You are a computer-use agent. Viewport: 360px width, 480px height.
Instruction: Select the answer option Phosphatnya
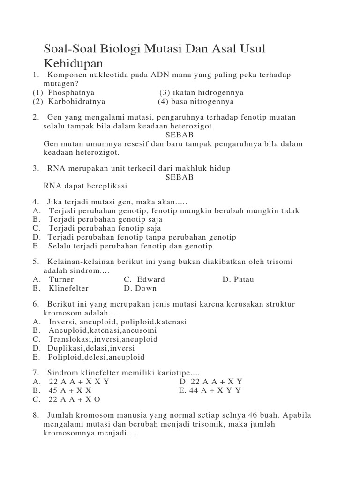tap(71, 93)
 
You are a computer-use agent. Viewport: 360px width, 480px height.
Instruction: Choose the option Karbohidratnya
tap(76, 102)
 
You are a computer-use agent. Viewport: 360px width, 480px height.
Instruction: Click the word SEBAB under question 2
tap(180, 135)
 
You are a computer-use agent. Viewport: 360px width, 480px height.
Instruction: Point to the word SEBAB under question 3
tap(180, 177)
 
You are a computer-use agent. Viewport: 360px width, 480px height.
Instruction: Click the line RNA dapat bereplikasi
tap(85, 186)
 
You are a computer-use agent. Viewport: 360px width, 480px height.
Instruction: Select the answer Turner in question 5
tap(62, 279)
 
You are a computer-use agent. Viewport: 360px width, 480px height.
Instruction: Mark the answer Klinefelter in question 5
tap(68, 288)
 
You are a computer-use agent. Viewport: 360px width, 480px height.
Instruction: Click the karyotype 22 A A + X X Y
tap(79, 382)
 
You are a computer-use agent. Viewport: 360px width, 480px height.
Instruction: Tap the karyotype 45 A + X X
tap(70, 390)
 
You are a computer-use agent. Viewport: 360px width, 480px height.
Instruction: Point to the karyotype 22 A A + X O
tap(75, 399)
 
